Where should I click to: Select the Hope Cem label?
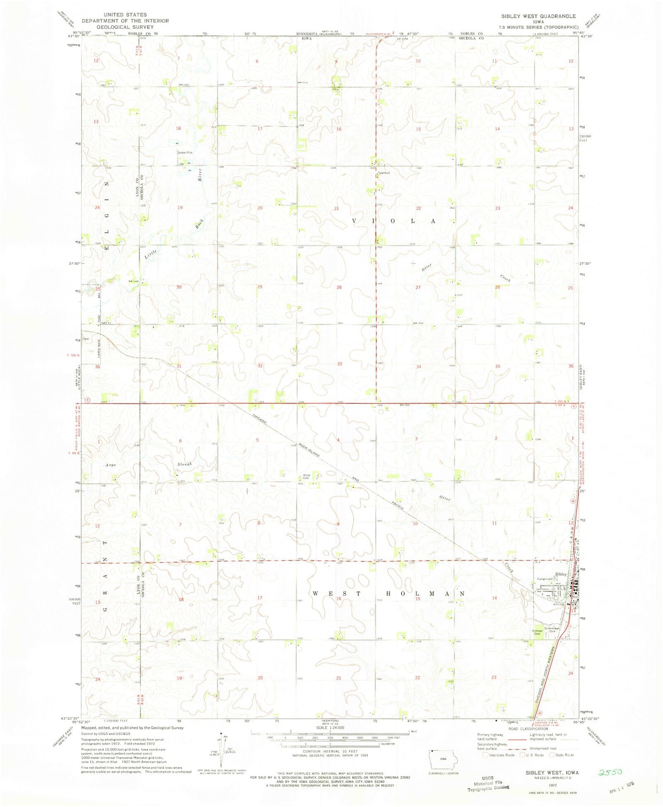pos(307,477)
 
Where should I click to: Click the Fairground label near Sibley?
pos(545,579)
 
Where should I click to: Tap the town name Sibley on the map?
pos(561,574)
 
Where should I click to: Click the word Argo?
pos(110,465)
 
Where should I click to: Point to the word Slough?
pos(184,465)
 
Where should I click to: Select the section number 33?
pos(340,364)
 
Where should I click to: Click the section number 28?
pos(340,287)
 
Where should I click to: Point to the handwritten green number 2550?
pos(610,772)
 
